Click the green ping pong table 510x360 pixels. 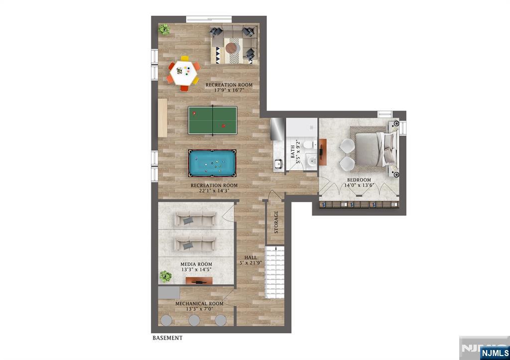pos(212,120)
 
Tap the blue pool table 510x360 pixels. pos(212,163)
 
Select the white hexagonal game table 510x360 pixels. pos(184,73)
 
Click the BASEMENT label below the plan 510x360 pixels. pos(167,338)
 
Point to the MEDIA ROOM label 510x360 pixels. pos(196,264)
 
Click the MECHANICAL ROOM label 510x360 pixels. pos(199,303)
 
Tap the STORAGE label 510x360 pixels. pos(276,222)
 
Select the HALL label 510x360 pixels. pos(251,257)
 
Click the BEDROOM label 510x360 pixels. pos(359,180)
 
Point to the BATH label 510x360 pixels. pos(293,151)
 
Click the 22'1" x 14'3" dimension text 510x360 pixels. pos(214,191)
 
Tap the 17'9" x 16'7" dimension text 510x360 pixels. pos(229,90)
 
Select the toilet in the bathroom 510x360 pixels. pos(309,145)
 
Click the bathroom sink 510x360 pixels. pos(312,160)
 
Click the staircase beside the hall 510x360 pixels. pos(275,272)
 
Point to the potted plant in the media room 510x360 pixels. pos(165,276)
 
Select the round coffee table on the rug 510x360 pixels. pos(231,48)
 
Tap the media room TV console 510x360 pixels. pos(199,281)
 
